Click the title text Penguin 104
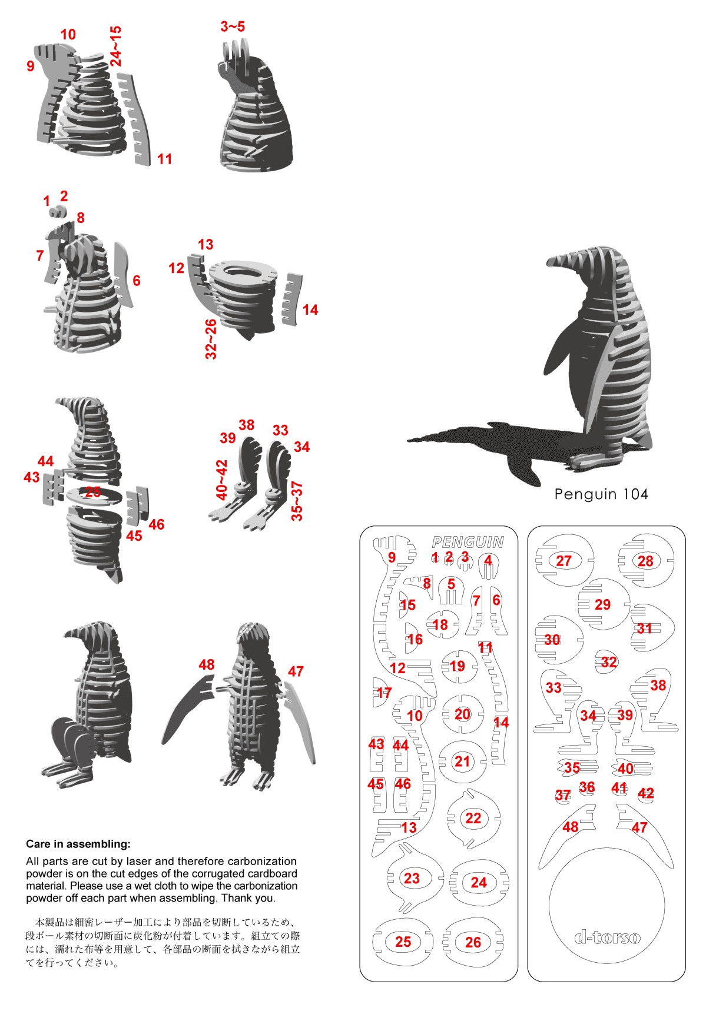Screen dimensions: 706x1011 601,494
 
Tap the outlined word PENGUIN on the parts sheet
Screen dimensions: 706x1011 468,542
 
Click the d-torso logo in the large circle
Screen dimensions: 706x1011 607,936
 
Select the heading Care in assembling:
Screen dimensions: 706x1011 78,844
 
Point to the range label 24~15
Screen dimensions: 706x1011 116,46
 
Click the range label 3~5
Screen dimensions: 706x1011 233,26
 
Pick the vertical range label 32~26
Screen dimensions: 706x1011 211,340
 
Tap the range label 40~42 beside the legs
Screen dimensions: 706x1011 222,480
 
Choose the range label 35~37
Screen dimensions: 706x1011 297,501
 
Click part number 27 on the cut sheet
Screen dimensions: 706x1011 564,561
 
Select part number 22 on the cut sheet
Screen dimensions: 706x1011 473,818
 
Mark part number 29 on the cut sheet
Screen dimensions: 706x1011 602,604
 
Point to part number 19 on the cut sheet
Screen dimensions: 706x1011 458,666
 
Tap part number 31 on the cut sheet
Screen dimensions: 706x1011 645,628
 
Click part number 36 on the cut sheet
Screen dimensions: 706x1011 587,787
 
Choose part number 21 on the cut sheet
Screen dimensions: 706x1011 462,761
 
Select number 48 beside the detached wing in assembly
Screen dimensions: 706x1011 207,664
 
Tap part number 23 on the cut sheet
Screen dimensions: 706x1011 412,878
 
